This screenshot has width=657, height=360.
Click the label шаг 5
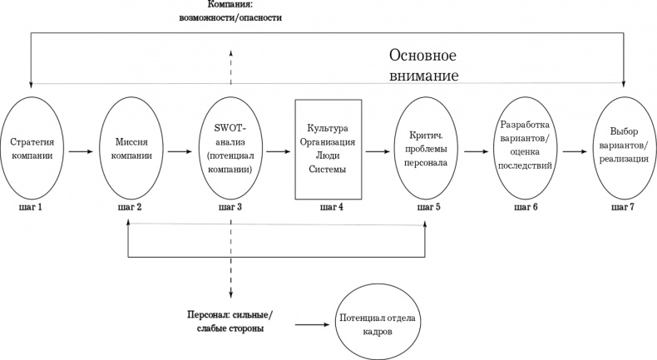(x=426, y=206)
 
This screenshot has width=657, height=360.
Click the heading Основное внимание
(x=424, y=66)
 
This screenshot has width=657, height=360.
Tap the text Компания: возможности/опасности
(x=232, y=10)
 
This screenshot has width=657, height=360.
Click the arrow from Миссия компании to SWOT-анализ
(x=179, y=152)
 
